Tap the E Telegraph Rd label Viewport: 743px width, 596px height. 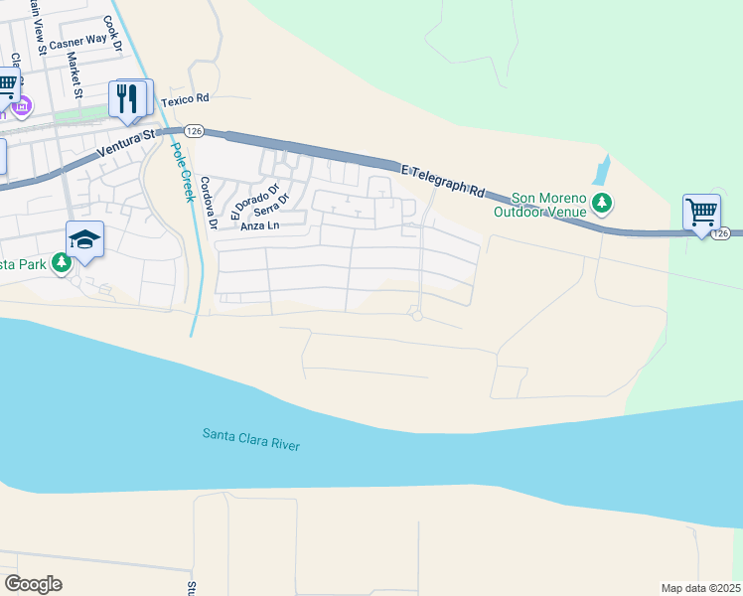pos(442,181)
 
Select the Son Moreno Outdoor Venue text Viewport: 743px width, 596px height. pos(542,205)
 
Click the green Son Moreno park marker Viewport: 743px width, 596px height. pos(601,204)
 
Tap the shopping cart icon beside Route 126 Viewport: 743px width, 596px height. pos(701,212)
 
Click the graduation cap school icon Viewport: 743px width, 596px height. pos(85,239)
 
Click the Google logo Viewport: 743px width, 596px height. pos(34,584)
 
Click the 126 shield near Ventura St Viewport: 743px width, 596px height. pos(193,130)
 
